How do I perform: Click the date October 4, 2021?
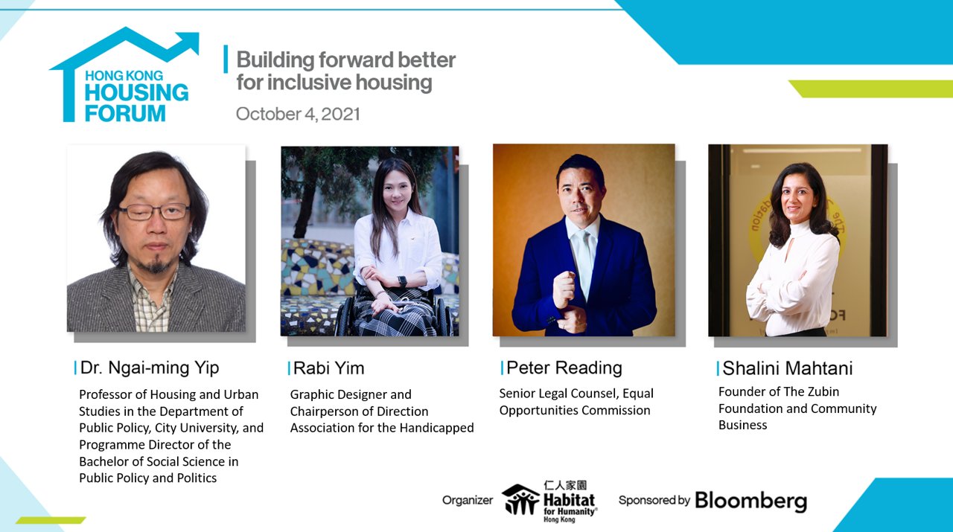(x=298, y=114)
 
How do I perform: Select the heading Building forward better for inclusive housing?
(x=345, y=71)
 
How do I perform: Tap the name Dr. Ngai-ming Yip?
(x=149, y=368)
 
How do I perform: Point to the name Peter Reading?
(x=564, y=368)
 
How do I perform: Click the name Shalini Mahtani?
(x=788, y=368)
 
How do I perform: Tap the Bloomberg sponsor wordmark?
(x=750, y=500)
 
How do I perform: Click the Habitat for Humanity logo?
(x=549, y=499)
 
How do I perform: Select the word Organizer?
(x=467, y=500)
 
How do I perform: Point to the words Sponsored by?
(x=654, y=500)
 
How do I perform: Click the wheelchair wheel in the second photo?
(x=345, y=316)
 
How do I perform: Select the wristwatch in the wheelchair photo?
(x=402, y=281)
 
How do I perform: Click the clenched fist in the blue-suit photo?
(x=564, y=286)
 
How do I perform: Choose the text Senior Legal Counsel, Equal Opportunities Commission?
(x=576, y=402)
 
